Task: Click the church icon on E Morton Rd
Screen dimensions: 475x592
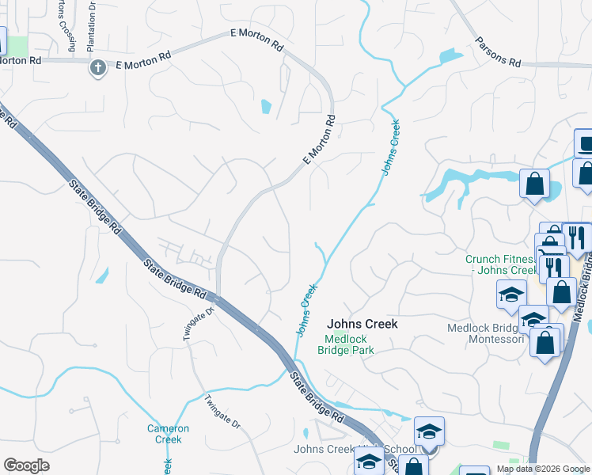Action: [x=97, y=67]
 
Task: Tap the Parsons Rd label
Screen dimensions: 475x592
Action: [x=498, y=51]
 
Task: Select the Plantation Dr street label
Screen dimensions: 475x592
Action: [x=92, y=26]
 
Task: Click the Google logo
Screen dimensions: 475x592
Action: [x=26, y=465]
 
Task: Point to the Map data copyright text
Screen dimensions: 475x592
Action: [x=543, y=469]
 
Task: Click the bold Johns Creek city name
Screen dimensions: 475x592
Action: [x=362, y=324]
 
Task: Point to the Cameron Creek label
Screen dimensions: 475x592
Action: [x=168, y=434]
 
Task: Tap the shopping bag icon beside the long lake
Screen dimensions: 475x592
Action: [x=534, y=184]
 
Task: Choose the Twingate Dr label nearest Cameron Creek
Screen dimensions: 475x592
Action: [x=222, y=412]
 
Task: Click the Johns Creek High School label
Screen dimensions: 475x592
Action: [x=340, y=450]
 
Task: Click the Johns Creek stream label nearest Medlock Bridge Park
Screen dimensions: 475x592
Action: [x=305, y=309]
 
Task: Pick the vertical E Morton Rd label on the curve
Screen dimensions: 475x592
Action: [x=318, y=140]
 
